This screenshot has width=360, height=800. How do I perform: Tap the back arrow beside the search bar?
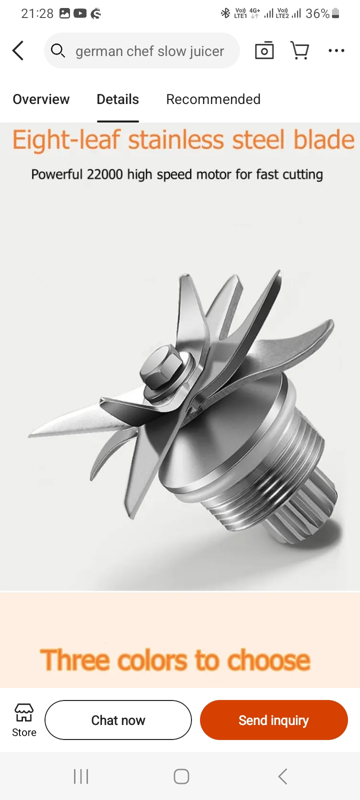coord(18,50)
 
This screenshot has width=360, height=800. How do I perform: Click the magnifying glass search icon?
coord(58,50)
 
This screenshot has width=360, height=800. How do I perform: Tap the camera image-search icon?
coord(264,50)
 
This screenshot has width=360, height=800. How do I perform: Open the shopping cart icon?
coord(299,50)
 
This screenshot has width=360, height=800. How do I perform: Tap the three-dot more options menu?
coord(336,50)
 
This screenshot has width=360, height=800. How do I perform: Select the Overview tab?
coord(41,99)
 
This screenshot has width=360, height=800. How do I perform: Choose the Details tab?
coord(118,99)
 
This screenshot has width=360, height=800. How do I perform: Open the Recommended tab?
coord(213,99)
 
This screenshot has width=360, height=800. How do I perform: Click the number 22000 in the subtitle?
coord(105,174)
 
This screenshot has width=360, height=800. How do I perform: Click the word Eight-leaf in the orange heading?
coord(66,139)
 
